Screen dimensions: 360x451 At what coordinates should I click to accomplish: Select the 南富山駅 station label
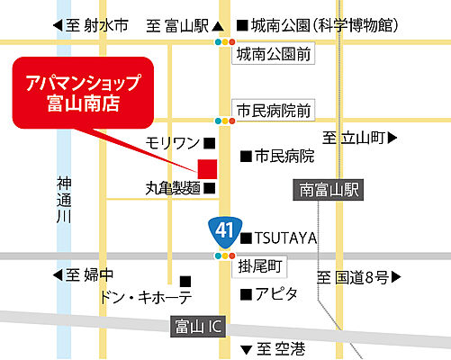[x=330, y=191]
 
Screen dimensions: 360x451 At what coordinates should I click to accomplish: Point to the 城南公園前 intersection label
[x=273, y=56]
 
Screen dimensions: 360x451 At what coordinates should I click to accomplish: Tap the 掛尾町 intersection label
[x=261, y=266]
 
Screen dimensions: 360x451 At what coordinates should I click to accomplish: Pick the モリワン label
[x=174, y=143]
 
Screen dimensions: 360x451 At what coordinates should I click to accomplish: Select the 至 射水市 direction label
[x=91, y=26]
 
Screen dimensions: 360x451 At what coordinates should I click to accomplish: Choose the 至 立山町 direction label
[x=357, y=138]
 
